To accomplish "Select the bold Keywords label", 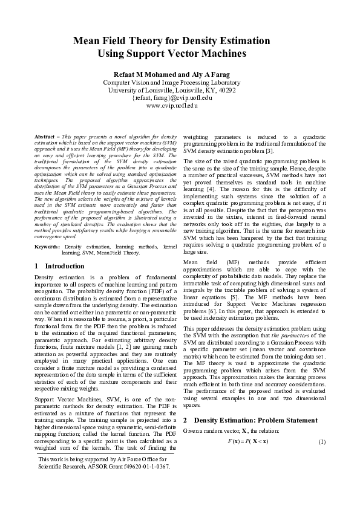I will [x=47, y=247].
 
